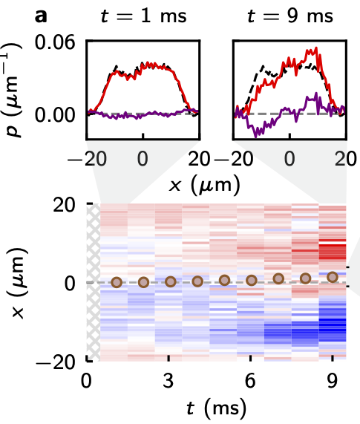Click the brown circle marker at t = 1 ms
(116, 282)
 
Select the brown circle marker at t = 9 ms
(333, 277)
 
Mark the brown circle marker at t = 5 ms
(224, 281)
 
